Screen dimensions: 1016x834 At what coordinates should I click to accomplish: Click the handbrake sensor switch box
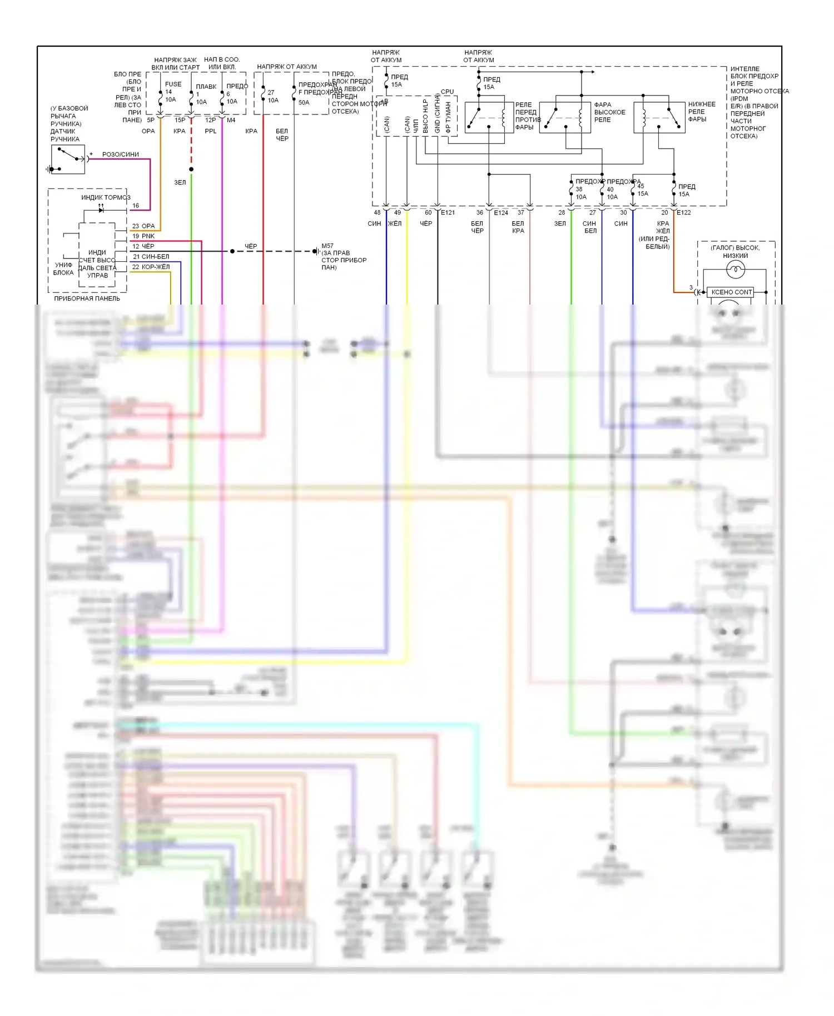(x=68, y=160)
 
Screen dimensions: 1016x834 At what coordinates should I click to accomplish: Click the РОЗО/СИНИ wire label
(x=121, y=155)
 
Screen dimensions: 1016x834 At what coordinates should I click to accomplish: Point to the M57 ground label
(x=327, y=246)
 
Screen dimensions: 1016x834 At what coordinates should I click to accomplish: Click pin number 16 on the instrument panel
(x=136, y=206)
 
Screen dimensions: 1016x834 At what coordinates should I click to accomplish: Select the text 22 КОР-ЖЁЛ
(x=151, y=267)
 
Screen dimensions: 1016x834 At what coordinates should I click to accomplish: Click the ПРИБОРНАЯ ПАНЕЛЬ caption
(x=87, y=298)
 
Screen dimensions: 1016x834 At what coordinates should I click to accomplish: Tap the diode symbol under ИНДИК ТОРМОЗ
(x=101, y=210)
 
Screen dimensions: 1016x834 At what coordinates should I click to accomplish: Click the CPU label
(x=447, y=92)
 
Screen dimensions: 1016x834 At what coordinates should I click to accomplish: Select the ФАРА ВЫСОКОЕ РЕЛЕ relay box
(x=564, y=117)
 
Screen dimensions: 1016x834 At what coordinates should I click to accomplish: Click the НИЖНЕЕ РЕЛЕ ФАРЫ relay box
(x=659, y=117)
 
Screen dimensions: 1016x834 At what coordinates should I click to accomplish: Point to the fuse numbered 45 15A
(x=633, y=190)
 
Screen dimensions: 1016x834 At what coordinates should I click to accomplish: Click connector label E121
(x=448, y=212)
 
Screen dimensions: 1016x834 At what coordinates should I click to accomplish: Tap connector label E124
(x=501, y=212)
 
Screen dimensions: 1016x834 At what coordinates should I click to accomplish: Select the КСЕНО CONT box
(x=732, y=292)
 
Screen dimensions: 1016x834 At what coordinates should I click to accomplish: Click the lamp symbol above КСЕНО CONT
(x=735, y=270)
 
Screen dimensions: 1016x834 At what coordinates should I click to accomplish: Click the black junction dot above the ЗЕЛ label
(x=191, y=169)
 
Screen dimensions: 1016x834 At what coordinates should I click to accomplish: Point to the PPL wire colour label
(x=210, y=131)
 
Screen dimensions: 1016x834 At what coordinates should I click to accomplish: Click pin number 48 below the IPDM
(x=377, y=212)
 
